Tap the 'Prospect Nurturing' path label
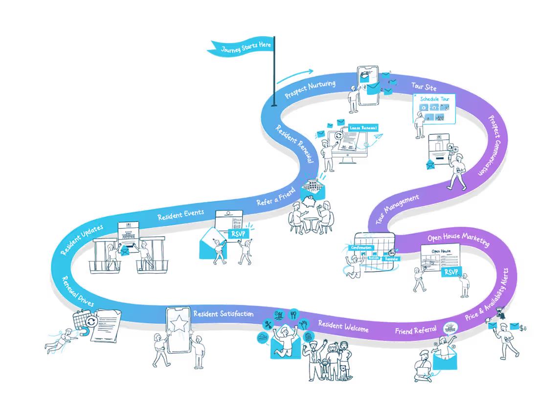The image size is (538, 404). point(310,89)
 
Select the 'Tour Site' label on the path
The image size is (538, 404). point(424,86)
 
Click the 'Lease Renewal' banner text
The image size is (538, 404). point(363,128)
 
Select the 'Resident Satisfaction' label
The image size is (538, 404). point(223,313)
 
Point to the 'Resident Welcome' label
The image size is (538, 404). point(343,326)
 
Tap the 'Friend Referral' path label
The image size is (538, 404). point(415,331)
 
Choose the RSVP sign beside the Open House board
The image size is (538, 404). point(450,272)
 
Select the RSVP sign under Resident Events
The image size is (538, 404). point(238,234)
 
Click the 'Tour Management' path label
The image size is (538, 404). point(397,210)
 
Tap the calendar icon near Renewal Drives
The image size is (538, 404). point(81,321)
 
